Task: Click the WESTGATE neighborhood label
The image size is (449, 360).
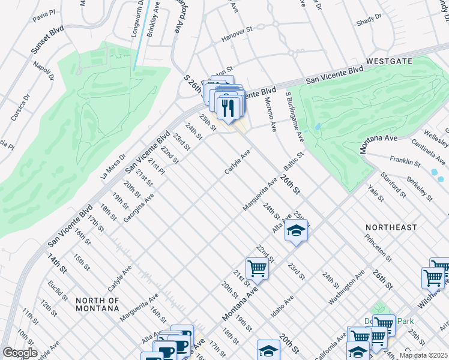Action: (388, 61)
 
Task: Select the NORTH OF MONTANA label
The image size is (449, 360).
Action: (97, 304)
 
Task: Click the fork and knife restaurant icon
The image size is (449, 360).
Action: (228, 108)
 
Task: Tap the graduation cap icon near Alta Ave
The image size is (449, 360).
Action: (295, 230)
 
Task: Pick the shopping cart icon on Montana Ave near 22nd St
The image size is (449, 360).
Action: (257, 268)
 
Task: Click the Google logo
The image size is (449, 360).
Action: (20, 353)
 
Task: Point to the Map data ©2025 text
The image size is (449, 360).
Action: (423, 355)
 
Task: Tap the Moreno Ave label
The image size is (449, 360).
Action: (271, 115)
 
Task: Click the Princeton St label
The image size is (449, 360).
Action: (378, 249)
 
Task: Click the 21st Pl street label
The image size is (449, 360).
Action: (156, 168)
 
